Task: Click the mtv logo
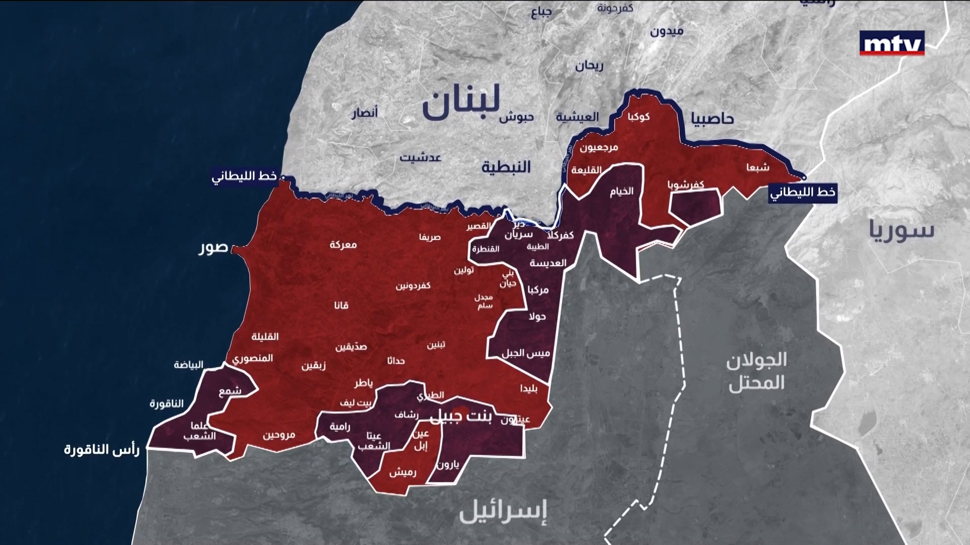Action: pos(892,44)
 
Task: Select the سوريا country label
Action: pos(902,231)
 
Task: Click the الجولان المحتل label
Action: pos(756,372)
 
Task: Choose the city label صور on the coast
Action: pos(214,249)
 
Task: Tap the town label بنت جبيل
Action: pos(463,416)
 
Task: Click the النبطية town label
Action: pos(506,167)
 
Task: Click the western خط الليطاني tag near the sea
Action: pos(245,177)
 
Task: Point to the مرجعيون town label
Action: pos(599,148)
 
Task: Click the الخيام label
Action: pos(621,191)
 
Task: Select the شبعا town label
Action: pos(758,168)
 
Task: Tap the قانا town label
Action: pos(341,305)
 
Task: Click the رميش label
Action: pos(403,473)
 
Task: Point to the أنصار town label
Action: pos(364,113)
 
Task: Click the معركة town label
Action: pos(343,245)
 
